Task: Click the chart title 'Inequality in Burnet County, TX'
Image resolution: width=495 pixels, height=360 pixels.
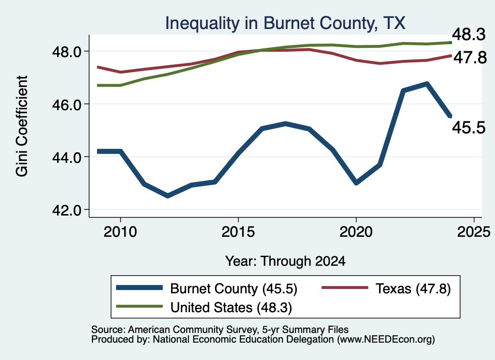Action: coord(285,23)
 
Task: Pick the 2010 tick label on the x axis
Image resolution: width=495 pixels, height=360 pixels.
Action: coord(120,232)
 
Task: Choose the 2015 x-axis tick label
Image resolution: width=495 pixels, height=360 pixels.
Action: coord(238,232)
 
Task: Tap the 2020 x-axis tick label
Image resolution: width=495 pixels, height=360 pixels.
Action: coord(356,232)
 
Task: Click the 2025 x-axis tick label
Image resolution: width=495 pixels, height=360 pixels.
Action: coord(474,232)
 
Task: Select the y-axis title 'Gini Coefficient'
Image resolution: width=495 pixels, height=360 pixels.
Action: coord(22,126)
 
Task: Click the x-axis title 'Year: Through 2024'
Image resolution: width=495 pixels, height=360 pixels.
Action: coord(285,261)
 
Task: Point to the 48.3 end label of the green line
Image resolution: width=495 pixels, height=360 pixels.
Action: coord(469,34)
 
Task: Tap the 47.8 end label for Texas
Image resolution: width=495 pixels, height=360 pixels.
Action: coord(470,58)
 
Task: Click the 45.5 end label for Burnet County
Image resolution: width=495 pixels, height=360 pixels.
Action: coord(469,128)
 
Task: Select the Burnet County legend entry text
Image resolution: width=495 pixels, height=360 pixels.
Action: coord(233,288)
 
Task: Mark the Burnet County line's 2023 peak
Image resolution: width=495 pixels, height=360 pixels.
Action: coord(427,84)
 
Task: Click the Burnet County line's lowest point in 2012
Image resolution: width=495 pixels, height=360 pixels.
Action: coord(167,196)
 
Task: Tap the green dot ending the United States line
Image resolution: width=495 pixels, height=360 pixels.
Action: coord(451,43)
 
